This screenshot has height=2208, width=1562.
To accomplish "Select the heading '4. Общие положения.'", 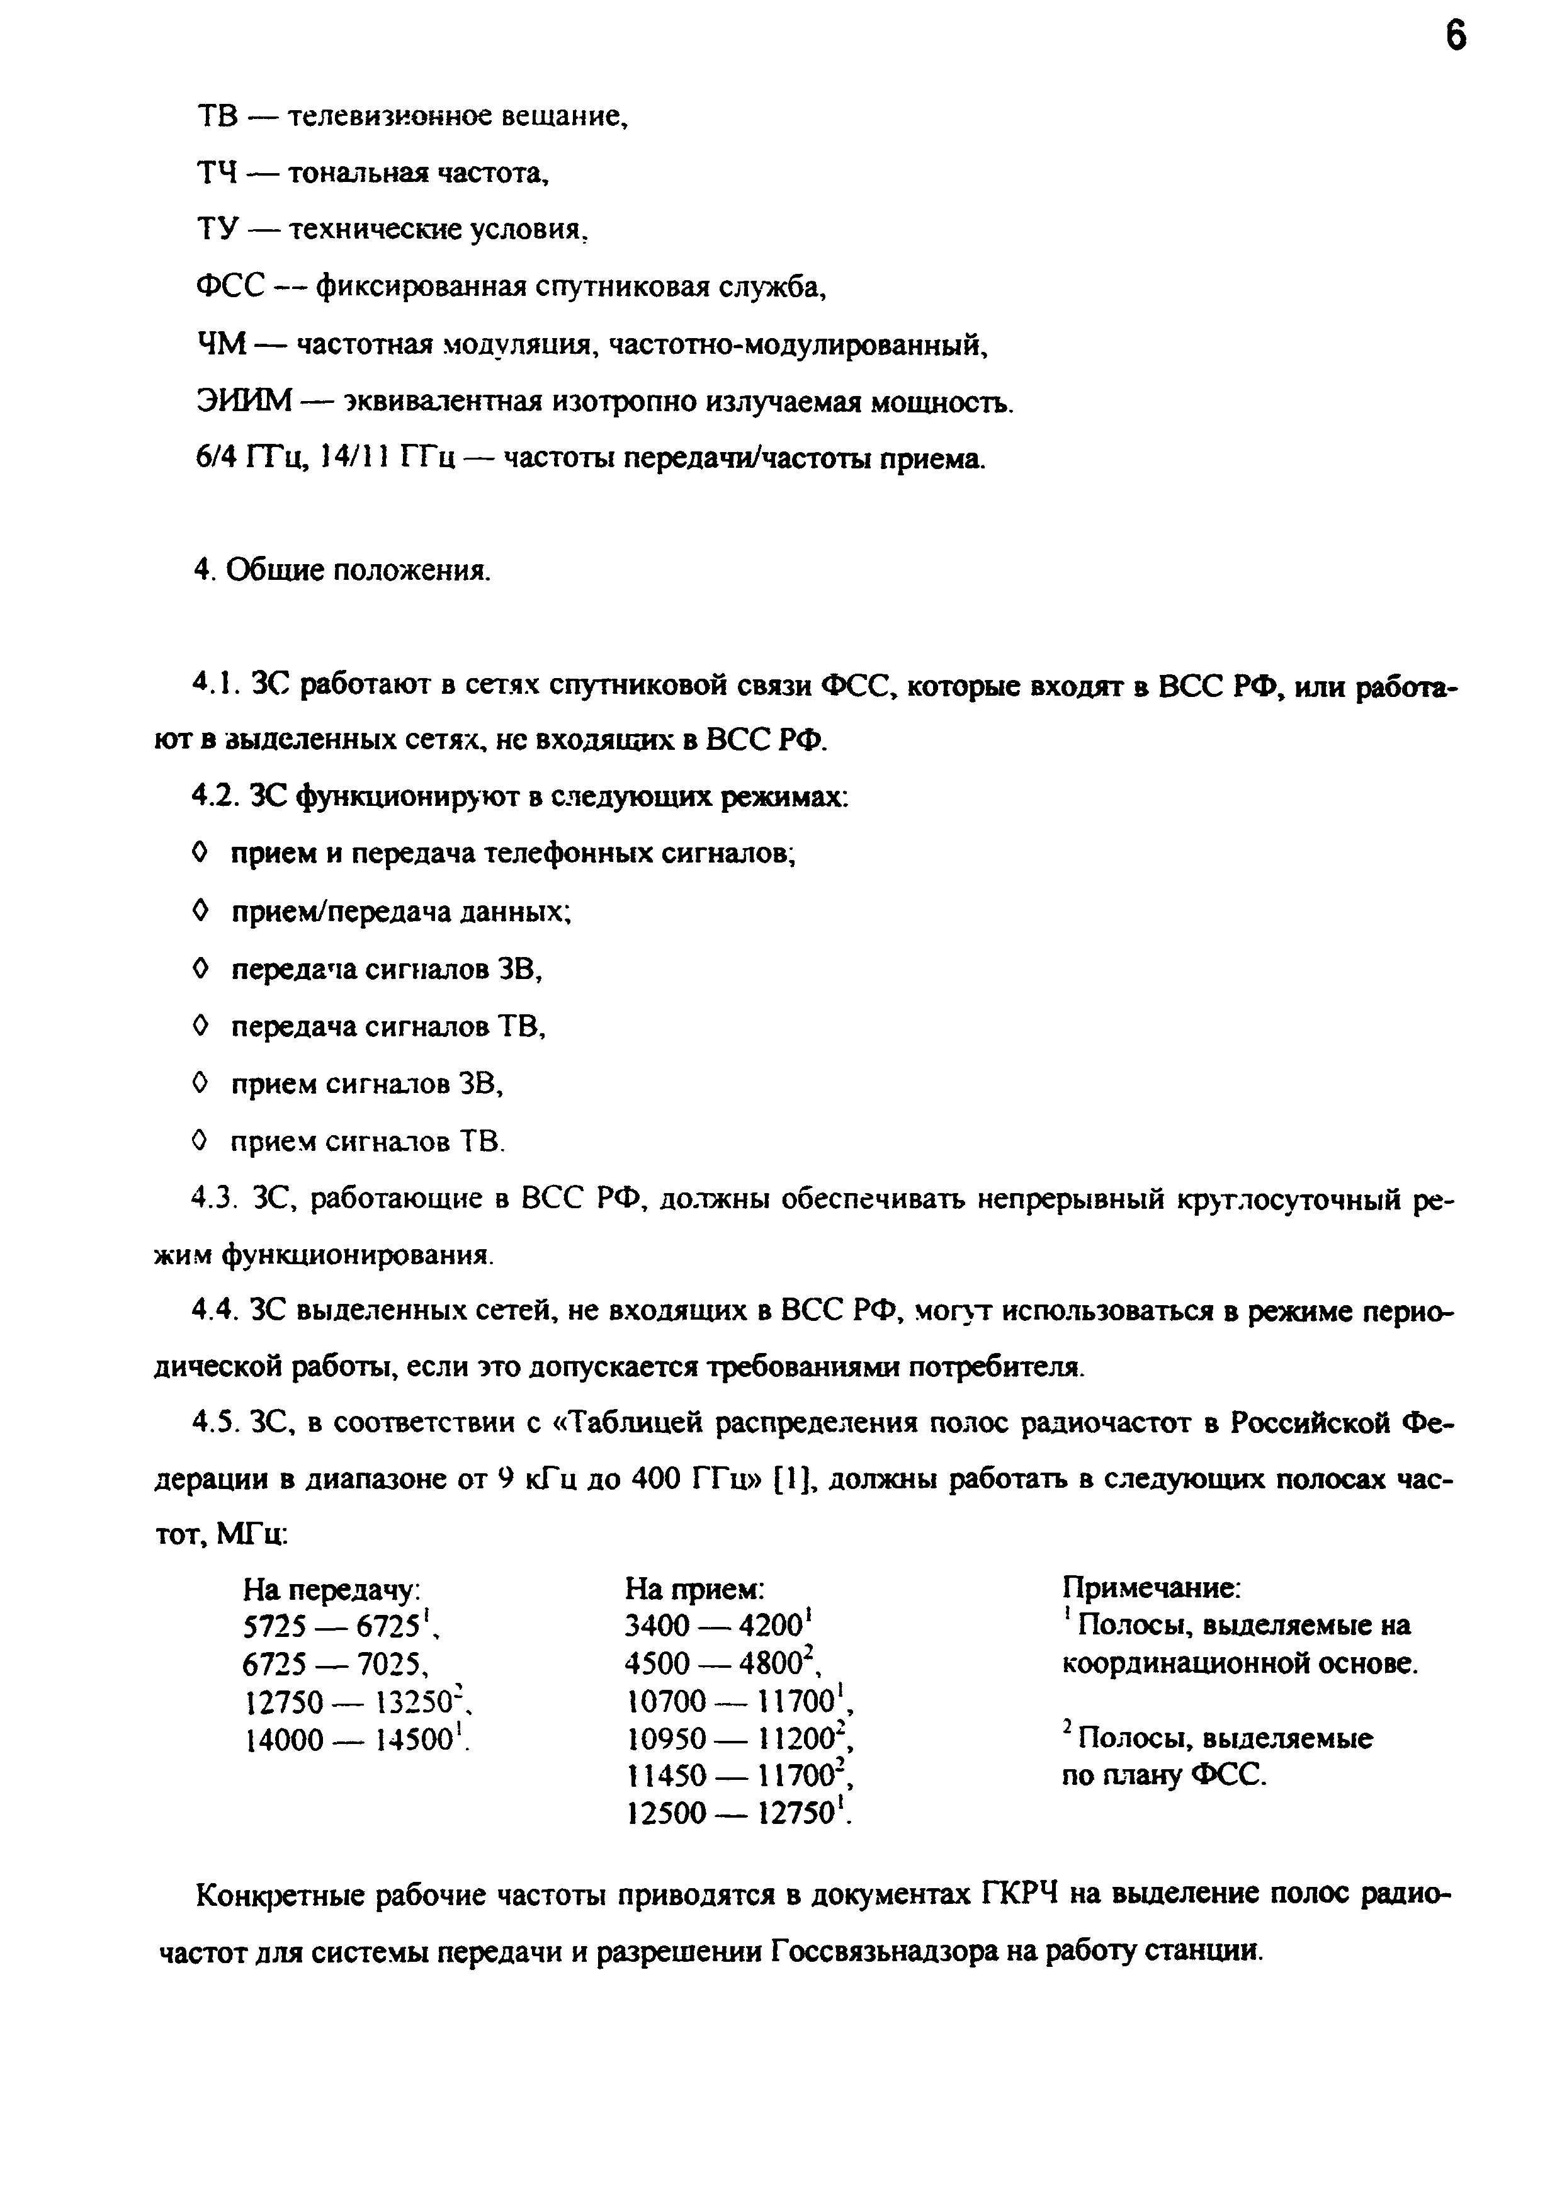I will tap(341, 570).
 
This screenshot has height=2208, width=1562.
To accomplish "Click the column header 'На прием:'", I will tap(694, 1588).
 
